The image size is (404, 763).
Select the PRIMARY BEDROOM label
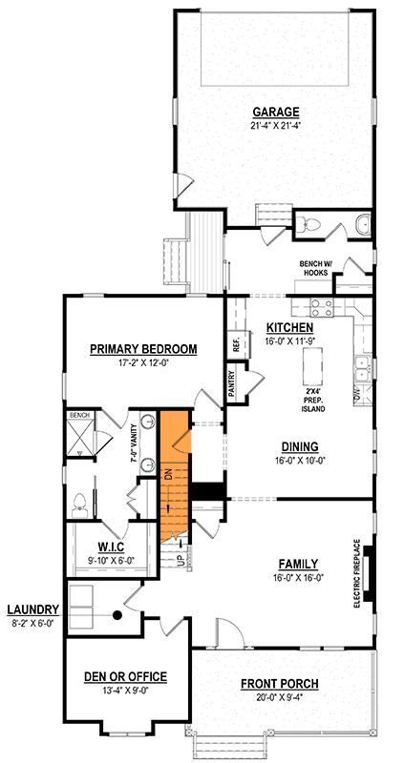point(143,349)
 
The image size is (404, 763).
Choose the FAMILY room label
point(299,563)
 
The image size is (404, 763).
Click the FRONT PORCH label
point(280,684)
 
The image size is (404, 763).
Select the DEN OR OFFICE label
point(126,676)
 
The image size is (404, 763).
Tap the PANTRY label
point(232,382)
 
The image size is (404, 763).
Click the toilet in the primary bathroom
point(80,503)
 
